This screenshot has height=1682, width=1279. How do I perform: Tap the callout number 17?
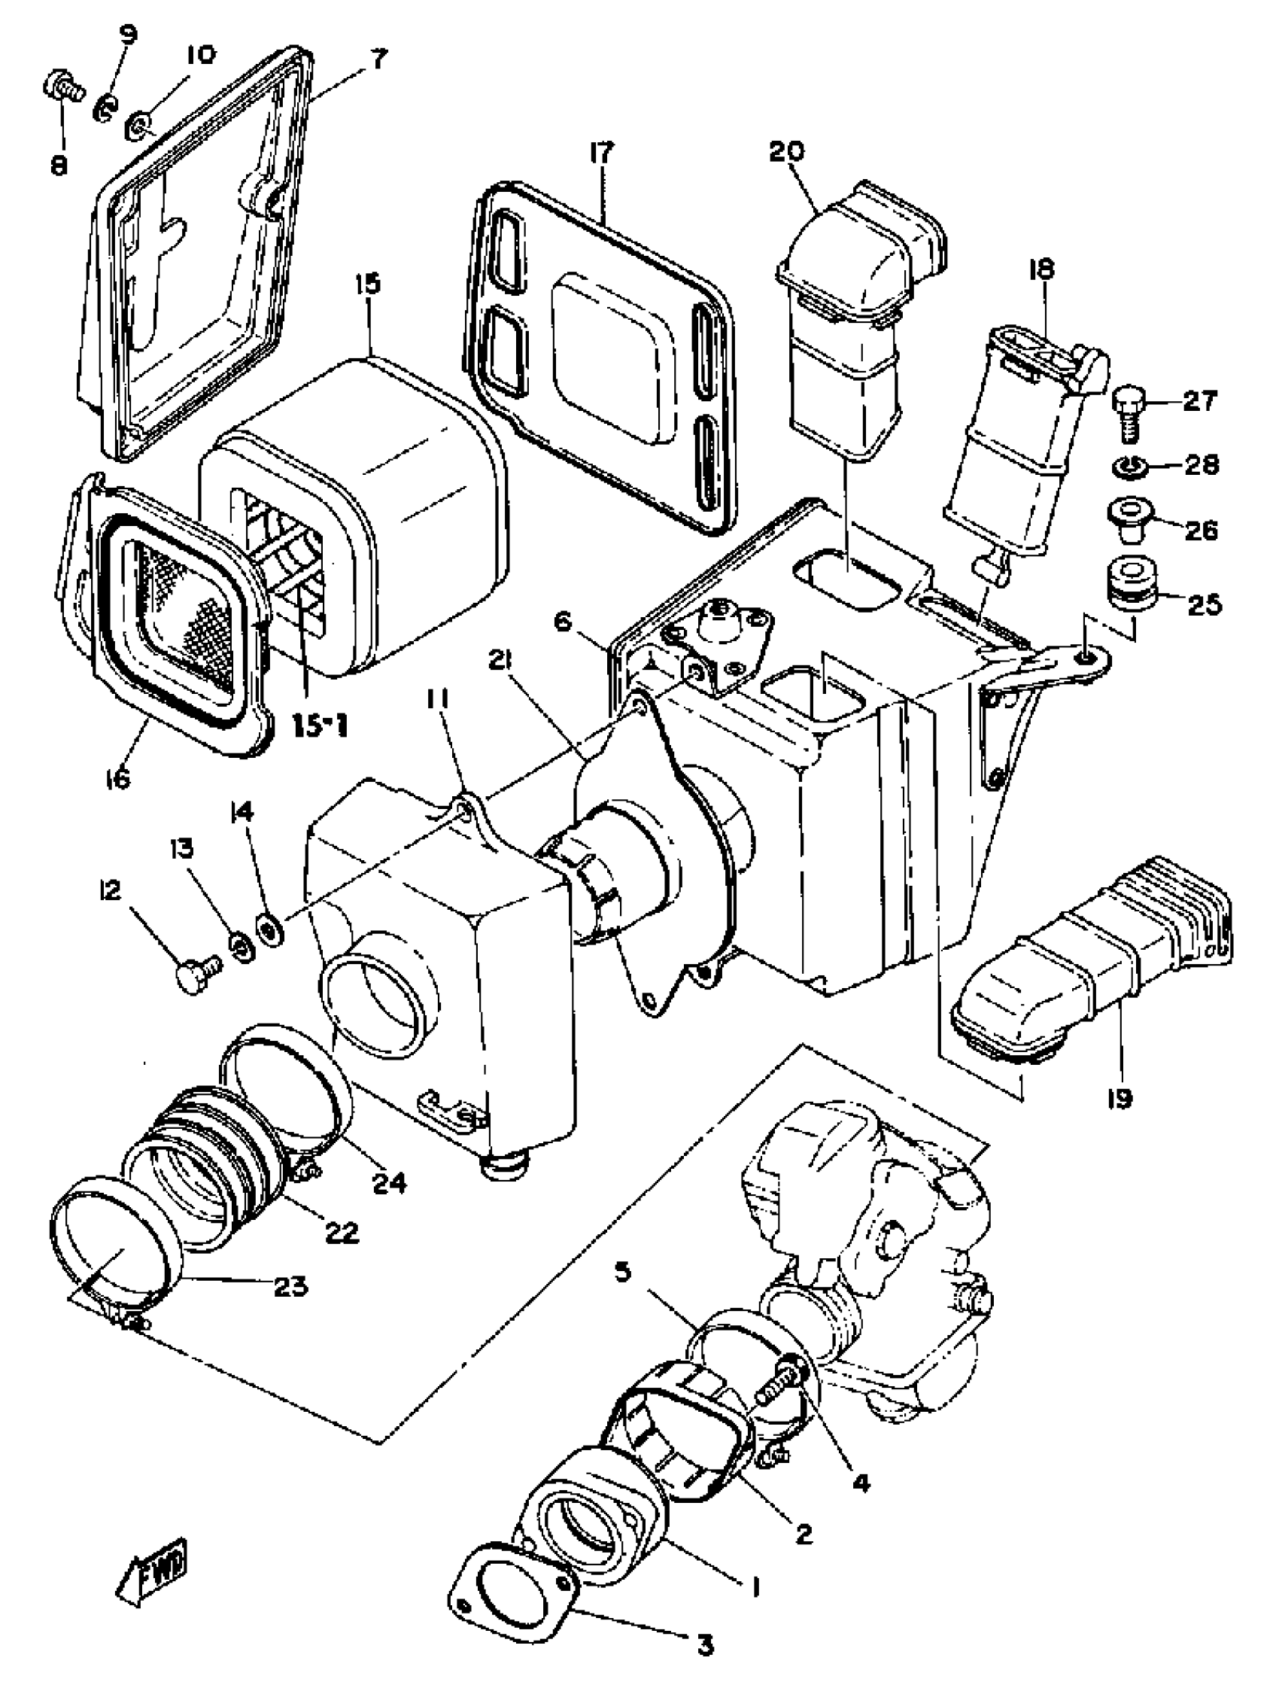pyautogui.click(x=601, y=153)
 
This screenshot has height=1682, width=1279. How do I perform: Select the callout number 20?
pyautogui.click(x=786, y=151)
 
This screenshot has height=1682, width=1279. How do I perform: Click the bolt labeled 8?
pyautogui.click(x=59, y=90)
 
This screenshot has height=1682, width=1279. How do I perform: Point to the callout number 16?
pyautogui.click(x=119, y=778)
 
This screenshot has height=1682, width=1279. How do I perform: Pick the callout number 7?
pyautogui.click(x=378, y=59)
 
